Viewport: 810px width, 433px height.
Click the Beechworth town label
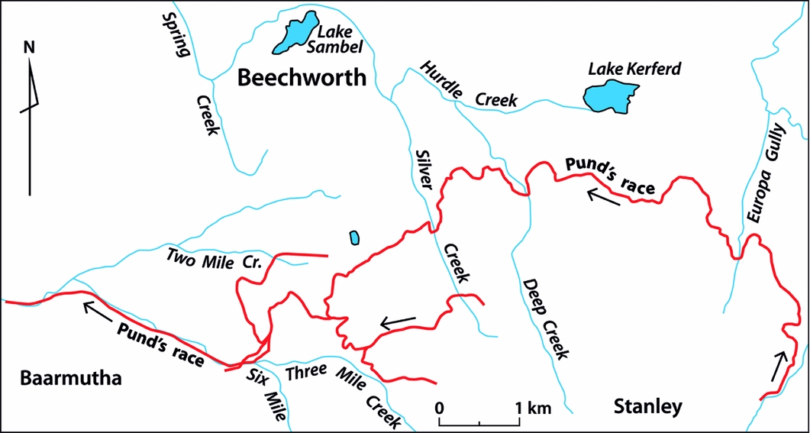(302, 78)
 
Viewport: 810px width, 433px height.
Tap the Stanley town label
(647, 407)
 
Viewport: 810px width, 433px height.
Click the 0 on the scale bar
(440, 408)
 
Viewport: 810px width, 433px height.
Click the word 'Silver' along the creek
(424, 168)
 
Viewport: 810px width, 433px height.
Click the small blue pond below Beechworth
(354, 238)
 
